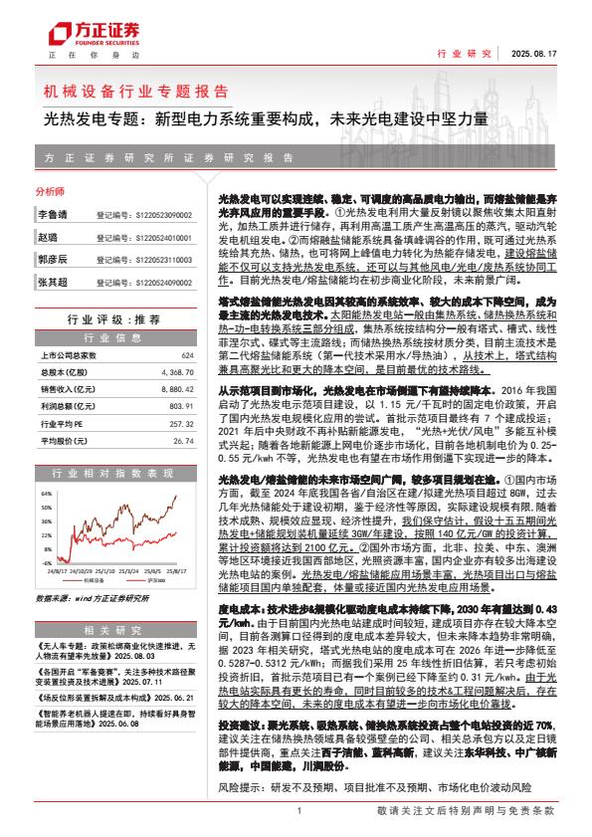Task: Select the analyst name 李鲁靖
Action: point(51,214)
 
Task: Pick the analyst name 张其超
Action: point(51,284)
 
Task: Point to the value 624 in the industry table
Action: point(186,355)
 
